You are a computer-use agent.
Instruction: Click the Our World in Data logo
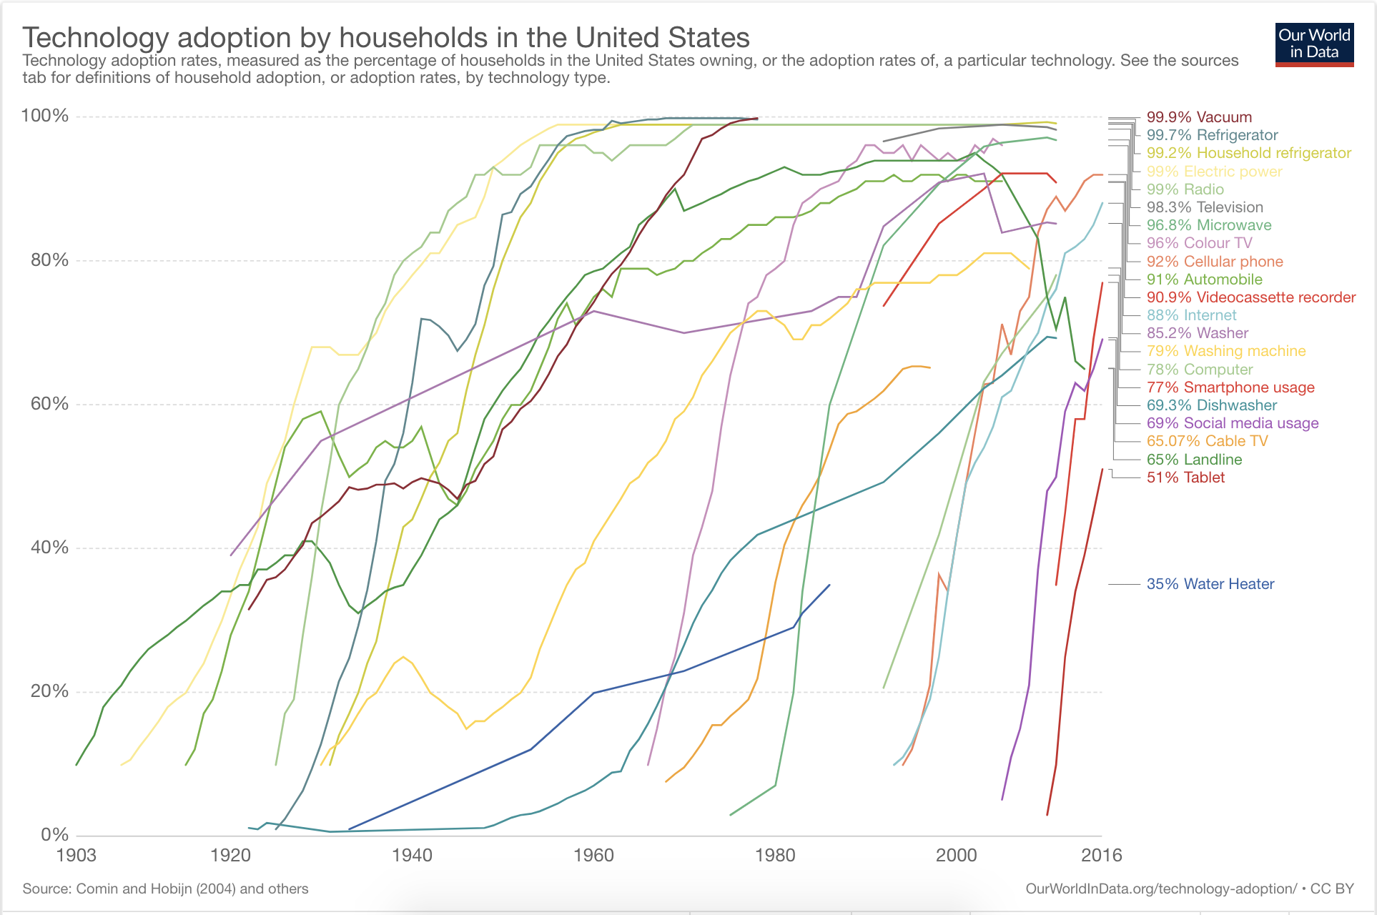click(x=1314, y=45)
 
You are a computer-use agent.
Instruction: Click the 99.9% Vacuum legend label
click(x=1199, y=117)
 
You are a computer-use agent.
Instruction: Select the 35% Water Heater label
click(x=1210, y=584)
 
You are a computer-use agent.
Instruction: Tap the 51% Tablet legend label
click(x=1185, y=478)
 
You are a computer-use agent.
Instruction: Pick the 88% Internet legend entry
click(x=1191, y=315)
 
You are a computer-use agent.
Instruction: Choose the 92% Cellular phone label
click(x=1215, y=262)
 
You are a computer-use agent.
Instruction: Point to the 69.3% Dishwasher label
click(x=1211, y=405)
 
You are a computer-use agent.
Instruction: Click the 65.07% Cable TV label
click(x=1207, y=441)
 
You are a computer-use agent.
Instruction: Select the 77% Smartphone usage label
click(x=1230, y=387)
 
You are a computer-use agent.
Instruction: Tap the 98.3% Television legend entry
click(x=1205, y=207)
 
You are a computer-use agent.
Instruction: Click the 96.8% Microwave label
click(x=1209, y=225)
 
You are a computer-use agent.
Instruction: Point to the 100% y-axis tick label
click(x=45, y=116)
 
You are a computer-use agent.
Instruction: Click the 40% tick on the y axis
click(x=49, y=548)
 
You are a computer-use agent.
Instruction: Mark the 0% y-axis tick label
click(x=54, y=834)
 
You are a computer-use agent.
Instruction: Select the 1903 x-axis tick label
click(x=76, y=855)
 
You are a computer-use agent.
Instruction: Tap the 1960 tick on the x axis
click(x=593, y=855)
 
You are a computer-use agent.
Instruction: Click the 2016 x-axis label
click(x=1101, y=855)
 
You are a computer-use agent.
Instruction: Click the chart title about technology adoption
click(x=386, y=37)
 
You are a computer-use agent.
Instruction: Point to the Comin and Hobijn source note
click(x=165, y=889)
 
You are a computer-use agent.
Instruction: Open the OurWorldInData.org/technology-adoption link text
click(x=1160, y=889)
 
